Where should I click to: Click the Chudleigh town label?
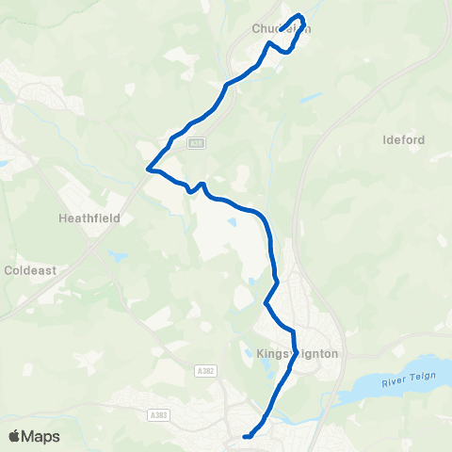[x=281, y=29]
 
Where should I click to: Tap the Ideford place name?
[x=405, y=140]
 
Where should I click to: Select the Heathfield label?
[x=86, y=217]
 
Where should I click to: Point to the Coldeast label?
[x=31, y=269]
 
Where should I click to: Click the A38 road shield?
[x=195, y=142]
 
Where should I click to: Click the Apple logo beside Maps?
[x=14, y=436]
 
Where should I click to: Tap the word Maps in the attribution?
[x=41, y=436]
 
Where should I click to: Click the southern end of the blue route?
[x=246, y=436]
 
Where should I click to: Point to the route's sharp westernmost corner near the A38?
[x=148, y=170]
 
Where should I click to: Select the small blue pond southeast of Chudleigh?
[x=304, y=96]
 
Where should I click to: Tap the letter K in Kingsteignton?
[x=260, y=354]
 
